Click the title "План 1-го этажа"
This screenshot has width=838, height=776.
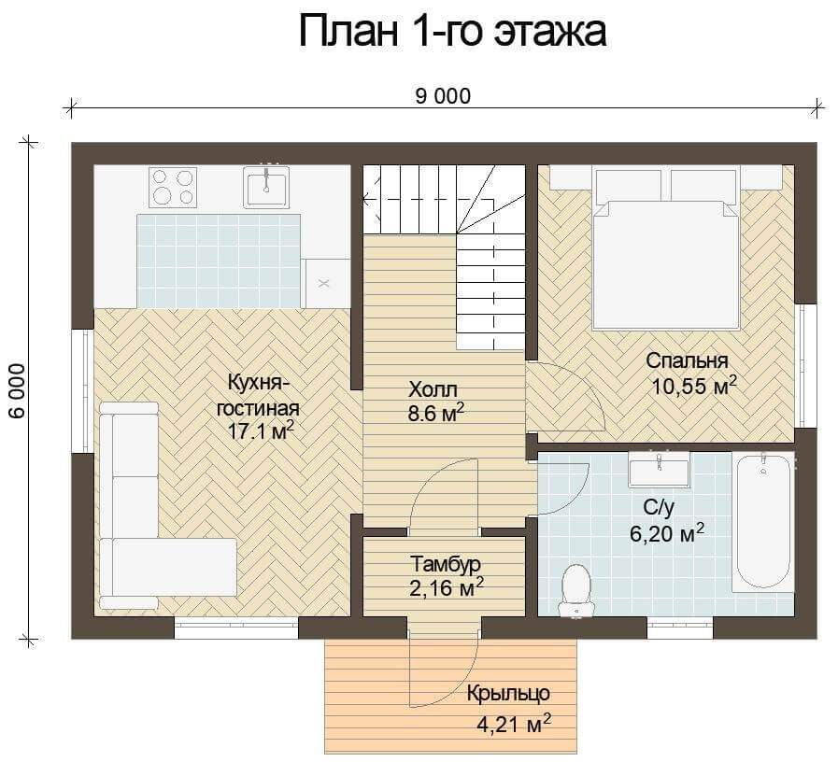coord(452,32)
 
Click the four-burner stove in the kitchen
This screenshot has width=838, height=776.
coord(173,187)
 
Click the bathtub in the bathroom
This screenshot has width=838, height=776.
coord(763,522)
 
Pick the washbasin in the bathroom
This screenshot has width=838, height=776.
coord(659,469)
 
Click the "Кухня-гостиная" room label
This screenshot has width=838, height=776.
coord(259,395)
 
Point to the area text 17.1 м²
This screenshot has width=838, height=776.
coord(261,430)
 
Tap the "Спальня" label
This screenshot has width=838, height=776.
coord(687,361)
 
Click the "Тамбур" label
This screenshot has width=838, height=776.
coord(446,564)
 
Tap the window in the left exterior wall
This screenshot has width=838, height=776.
coord(82,391)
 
